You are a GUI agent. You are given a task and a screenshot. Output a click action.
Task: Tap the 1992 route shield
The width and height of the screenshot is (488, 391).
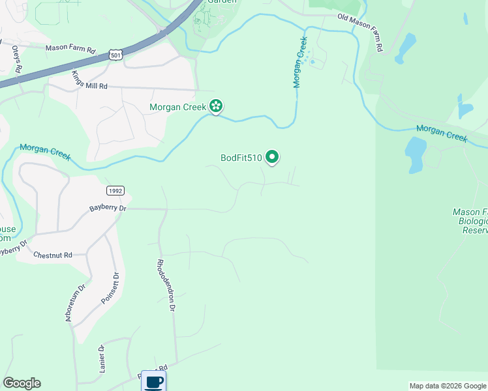pyautogui.click(x=115, y=190)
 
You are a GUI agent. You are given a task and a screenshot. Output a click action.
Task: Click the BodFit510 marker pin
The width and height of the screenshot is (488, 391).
pyautogui.click(x=273, y=157)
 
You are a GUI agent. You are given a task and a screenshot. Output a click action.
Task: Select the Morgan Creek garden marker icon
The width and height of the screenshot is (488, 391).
pyautogui.click(x=216, y=106)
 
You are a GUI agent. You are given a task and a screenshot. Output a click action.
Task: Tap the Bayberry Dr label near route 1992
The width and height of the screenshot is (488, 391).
pyautogui.click(x=108, y=208)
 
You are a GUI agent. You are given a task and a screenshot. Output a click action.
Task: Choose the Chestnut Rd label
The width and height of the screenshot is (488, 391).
pyautogui.click(x=52, y=255)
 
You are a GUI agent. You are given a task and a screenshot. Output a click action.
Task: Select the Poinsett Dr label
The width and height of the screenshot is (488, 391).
pyautogui.click(x=110, y=287)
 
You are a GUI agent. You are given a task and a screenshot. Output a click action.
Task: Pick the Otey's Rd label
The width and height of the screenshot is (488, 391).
pyautogui.click(x=16, y=59)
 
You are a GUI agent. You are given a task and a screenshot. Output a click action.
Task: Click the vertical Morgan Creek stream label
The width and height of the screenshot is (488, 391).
pyautogui.click(x=299, y=62)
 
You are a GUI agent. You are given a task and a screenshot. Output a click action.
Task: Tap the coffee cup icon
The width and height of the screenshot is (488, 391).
pyautogui.click(x=153, y=382)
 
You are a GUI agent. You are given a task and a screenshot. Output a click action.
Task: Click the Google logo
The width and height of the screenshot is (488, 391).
pyautogui.click(x=22, y=383)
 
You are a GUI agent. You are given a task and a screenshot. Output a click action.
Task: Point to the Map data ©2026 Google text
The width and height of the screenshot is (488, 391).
pyautogui.click(x=448, y=386)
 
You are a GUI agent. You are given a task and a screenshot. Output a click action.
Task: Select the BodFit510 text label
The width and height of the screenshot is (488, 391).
pyautogui.click(x=241, y=157)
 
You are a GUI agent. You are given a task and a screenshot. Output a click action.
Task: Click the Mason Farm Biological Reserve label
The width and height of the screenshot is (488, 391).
pyautogui.click(x=470, y=221)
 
